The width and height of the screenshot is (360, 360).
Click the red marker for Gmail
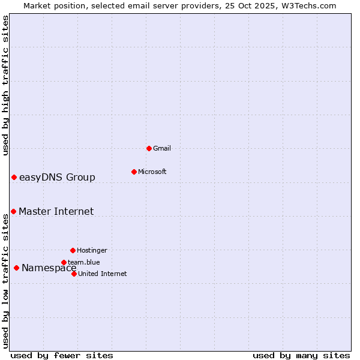pos(149,148)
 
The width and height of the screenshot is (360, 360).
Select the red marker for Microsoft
pos(134,172)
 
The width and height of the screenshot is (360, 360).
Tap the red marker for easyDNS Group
pos(14,177)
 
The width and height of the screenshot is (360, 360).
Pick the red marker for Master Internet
pos(13,211)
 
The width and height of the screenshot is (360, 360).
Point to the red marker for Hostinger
pos(73,250)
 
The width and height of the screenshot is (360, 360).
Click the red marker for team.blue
pos(64,262)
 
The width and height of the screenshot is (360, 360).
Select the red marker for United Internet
pos(74,274)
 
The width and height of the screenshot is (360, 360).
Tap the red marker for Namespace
pos(16,268)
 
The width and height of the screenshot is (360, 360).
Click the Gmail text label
pos(162,148)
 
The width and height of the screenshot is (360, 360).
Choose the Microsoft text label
pos(152,172)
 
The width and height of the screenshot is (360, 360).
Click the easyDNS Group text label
pos(57,177)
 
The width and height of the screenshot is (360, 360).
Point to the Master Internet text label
pos(56,211)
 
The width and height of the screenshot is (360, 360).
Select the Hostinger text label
pos(92,250)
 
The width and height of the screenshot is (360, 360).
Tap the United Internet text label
pos(103,274)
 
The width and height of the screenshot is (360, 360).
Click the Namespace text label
pos(49,268)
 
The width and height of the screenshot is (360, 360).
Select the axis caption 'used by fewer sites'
pos(62,355)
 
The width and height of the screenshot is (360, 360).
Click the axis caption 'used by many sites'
pos(301,355)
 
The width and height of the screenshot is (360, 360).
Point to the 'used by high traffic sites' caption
pos(5,85)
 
